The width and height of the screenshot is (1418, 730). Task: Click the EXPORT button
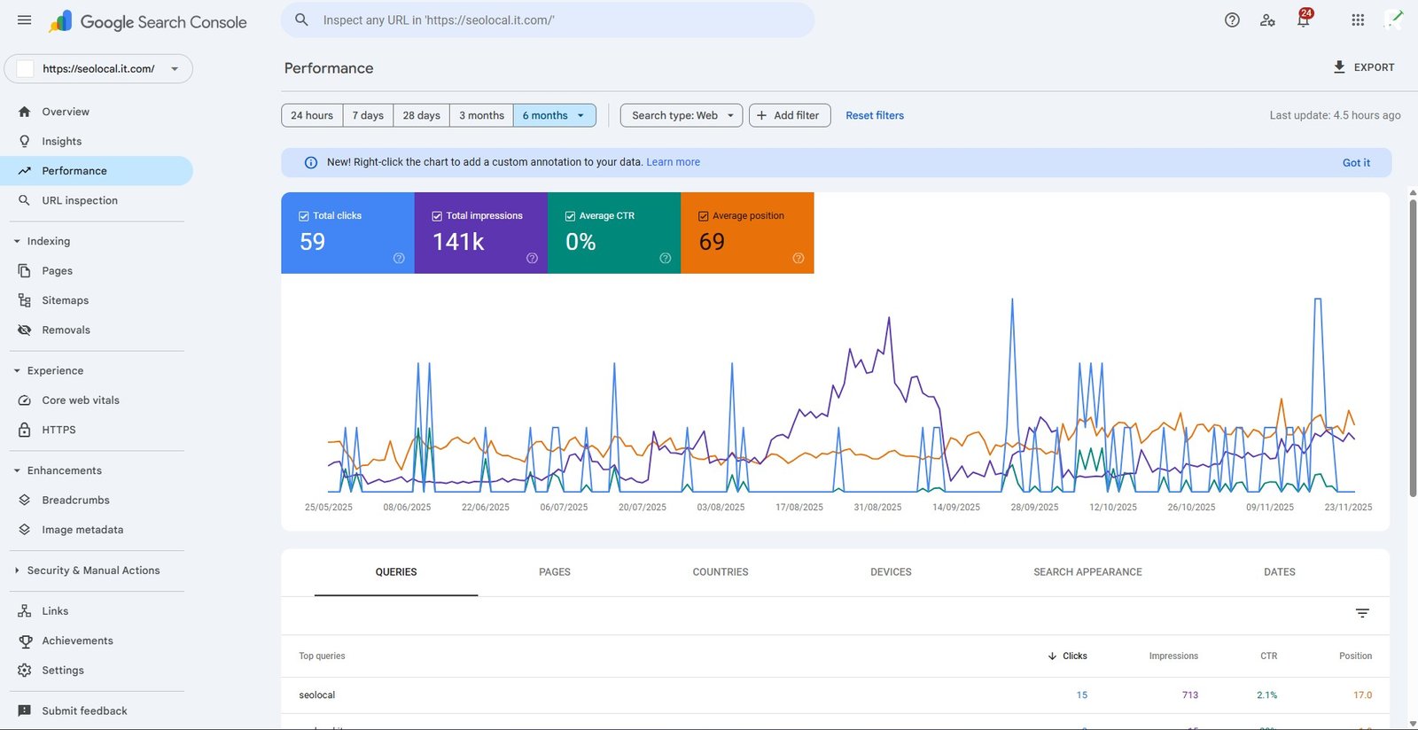tap(1364, 67)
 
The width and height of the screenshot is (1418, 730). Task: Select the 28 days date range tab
tap(421, 115)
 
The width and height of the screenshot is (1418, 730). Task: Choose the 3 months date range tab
tap(481, 115)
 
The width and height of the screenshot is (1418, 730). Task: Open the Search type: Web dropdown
tap(682, 115)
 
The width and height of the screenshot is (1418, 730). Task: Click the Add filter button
tap(789, 115)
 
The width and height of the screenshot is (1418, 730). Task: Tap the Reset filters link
tap(874, 115)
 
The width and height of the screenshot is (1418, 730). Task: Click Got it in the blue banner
tap(1355, 162)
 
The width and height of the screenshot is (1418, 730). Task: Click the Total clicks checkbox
tap(304, 216)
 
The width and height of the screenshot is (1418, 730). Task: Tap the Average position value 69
tap(712, 242)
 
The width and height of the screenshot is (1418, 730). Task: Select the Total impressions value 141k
tap(458, 242)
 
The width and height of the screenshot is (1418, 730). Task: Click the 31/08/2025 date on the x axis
tap(877, 508)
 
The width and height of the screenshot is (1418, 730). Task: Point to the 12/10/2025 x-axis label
tap(1112, 508)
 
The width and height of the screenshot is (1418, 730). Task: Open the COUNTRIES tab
tap(720, 572)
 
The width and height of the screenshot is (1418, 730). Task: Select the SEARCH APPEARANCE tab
tap(1087, 572)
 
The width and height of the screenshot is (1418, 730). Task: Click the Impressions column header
tap(1173, 656)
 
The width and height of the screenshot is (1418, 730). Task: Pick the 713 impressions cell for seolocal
tap(1189, 695)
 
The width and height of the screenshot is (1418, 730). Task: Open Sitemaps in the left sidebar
tap(65, 300)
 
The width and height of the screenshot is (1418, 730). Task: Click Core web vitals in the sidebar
tap(80, 400)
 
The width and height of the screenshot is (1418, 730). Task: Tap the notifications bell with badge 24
tap(1303, 19)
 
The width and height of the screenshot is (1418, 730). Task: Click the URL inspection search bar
tap(548, 19)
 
